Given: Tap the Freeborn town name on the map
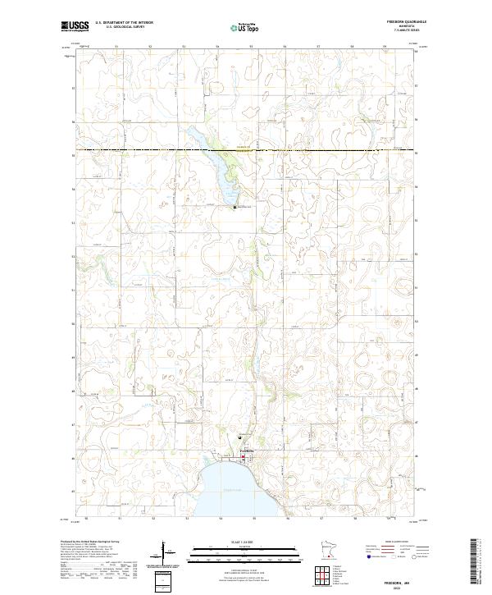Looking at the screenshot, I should (247, 452).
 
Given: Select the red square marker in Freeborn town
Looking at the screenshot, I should (243, 457).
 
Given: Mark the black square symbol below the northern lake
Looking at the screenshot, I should (235, 207).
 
